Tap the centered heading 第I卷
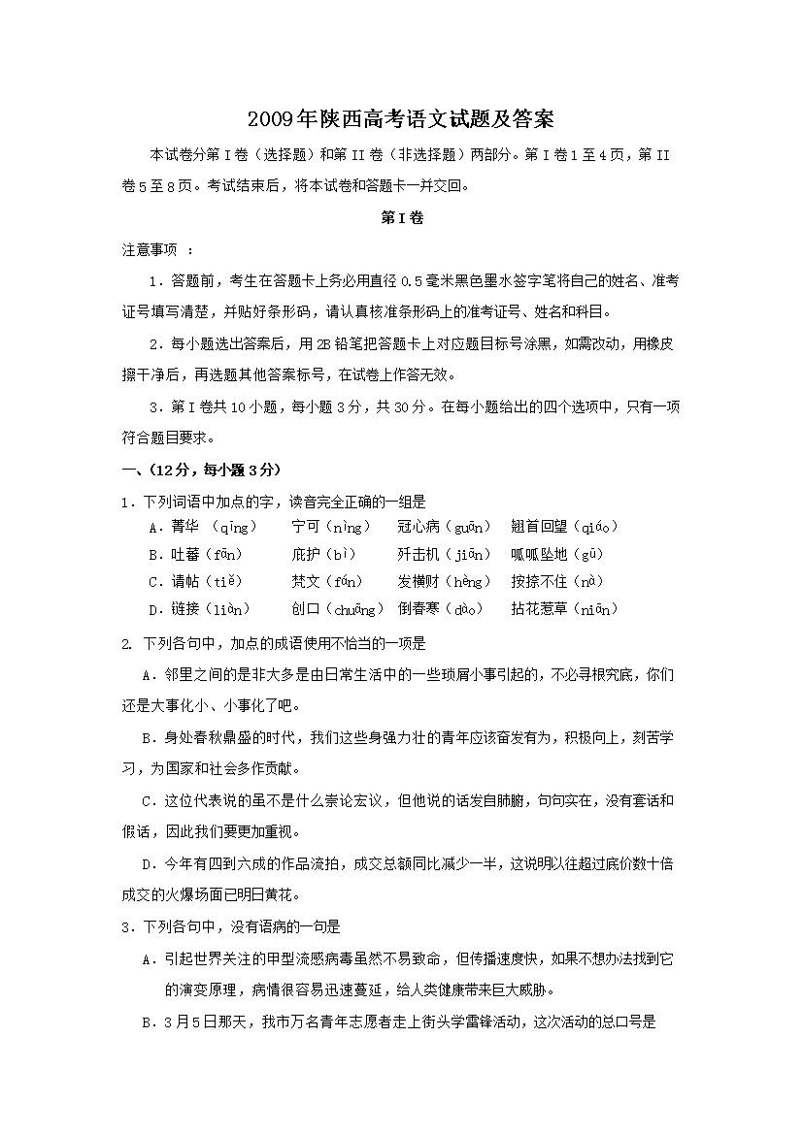point(401,218)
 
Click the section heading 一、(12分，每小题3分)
point(200,470)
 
